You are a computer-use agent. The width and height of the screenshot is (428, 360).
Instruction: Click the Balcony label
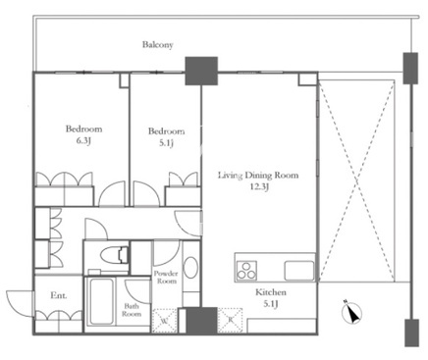coord(157,45)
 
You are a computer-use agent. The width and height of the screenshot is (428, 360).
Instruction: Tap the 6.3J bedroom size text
coord(83,141)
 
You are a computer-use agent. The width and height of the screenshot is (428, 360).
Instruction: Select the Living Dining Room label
coord(258,176)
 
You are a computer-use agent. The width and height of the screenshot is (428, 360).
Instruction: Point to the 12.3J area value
coord(259,186)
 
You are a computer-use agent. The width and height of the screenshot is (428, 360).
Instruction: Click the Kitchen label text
coord(271,292)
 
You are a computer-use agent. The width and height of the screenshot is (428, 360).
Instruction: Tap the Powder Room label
coord(166,277)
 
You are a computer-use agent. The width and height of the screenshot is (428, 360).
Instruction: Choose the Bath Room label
coord(132,310)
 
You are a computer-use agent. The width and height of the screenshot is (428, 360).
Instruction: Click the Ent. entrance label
coord(59,295)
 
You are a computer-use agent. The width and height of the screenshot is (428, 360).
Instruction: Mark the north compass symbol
coord(351,312)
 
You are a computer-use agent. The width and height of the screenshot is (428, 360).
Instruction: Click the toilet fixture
coord(114,255)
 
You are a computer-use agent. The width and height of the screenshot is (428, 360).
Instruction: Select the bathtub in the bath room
coord(102,301)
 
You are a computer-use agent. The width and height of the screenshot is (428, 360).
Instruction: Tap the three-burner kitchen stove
coord(246,271)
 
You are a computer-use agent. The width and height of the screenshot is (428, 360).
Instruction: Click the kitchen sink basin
coord(299,271)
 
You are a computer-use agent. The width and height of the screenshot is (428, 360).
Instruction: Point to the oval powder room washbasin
coord(190,268)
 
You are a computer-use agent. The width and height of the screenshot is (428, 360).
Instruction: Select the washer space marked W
coord(165,321)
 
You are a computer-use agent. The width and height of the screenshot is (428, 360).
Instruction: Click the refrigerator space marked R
coord(231,321)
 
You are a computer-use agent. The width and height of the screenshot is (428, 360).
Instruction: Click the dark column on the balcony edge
coord(201,71)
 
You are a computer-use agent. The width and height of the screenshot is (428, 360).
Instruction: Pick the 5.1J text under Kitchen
coord(271,304)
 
